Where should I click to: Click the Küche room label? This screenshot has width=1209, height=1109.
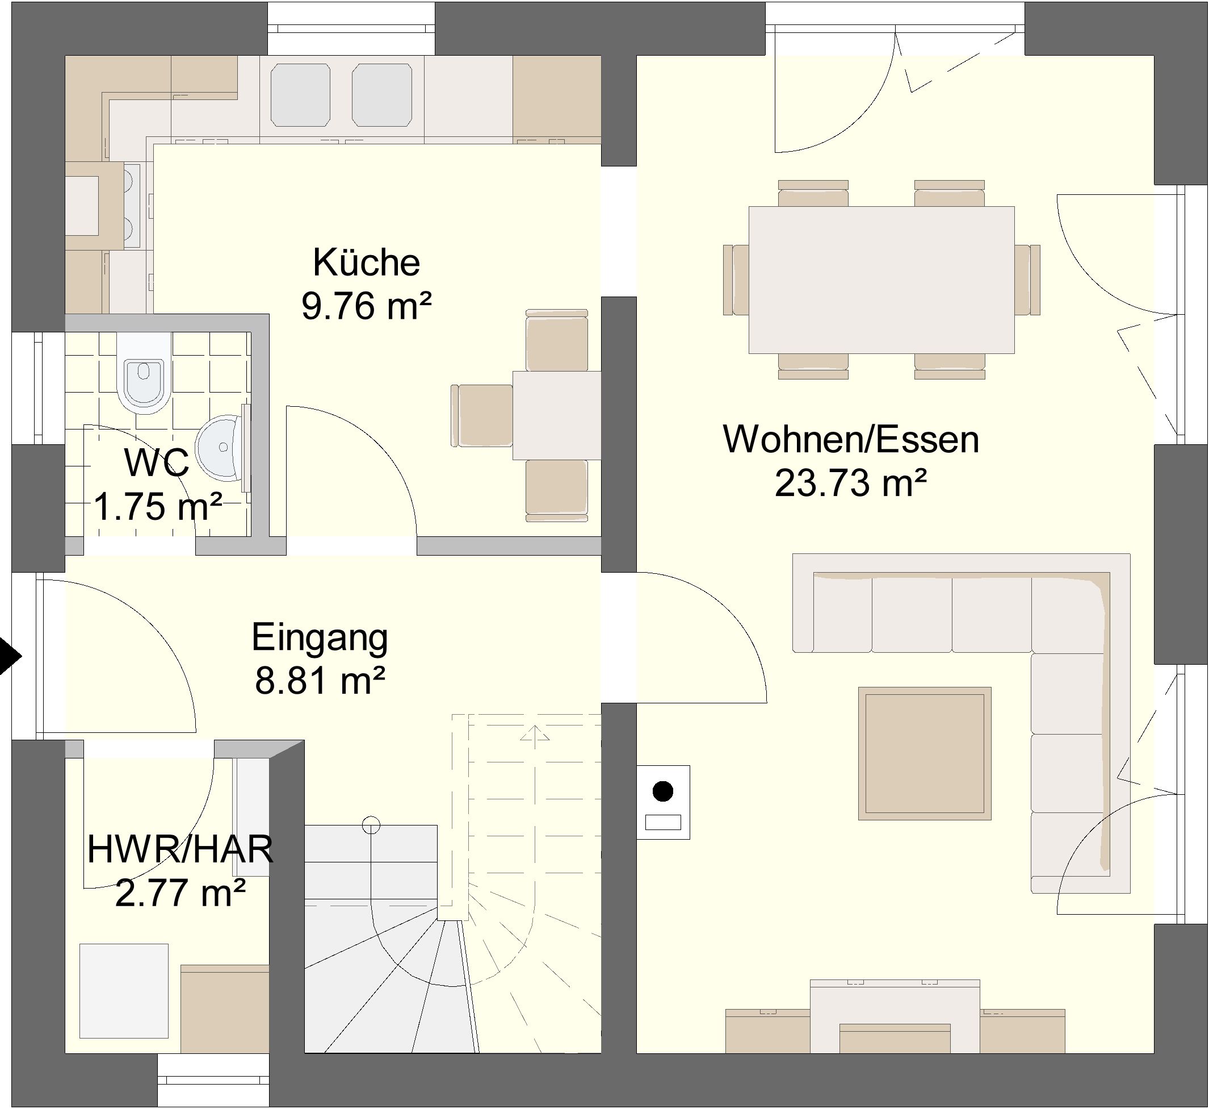[367, 262]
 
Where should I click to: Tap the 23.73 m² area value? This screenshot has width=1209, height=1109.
[851, 483]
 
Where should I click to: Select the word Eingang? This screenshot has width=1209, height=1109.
[320, 639]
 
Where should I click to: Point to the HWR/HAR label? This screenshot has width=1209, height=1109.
[180, 849]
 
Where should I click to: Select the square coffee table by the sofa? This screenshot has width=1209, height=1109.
[924, 753]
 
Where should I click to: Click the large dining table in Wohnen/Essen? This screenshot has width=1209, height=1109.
[881, 280]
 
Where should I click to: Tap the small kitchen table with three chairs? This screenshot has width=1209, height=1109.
[556, 415]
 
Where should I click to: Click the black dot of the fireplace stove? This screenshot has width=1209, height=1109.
[662, 791]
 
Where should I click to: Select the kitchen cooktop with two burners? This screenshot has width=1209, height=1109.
[132, 206]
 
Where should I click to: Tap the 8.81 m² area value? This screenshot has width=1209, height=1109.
[320, 681]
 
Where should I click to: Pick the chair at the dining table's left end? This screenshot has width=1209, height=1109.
[736, 280]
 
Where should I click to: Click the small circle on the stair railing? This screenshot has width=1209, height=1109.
[371, 826]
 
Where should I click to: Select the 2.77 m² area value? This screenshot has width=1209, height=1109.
[180, 893]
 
